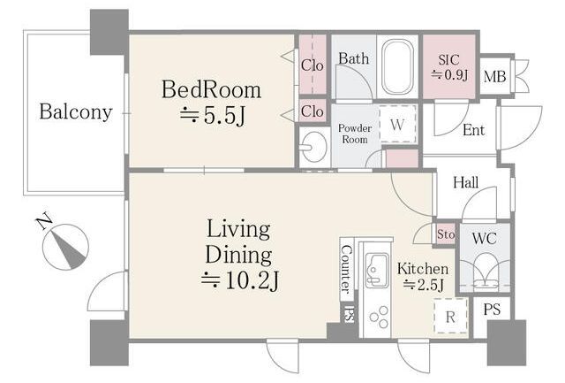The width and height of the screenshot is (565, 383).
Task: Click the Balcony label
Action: coord(76,112)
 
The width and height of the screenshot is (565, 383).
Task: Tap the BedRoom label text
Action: coord(211,89)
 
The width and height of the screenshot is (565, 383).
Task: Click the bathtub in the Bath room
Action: coord(397,66)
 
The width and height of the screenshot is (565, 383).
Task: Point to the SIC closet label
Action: coord(449,59)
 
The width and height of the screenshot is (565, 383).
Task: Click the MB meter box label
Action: coord(494,77)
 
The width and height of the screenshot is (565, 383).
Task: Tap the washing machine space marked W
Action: coord(398,125)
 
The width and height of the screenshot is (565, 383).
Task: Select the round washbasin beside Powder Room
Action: coord(314,147)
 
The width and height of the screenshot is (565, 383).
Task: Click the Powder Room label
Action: coord(355,134)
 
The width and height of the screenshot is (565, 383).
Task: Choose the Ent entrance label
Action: coord(473,130)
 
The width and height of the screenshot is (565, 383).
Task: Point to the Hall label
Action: coord(465,182)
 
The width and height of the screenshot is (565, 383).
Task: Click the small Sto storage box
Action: coord(445,234)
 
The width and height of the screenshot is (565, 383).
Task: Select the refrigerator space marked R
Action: coord(450,317)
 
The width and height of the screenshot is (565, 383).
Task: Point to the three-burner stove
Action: coord(380,317)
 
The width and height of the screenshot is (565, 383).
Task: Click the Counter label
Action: coord(345,269)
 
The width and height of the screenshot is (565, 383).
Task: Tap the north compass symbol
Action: coord(64,246)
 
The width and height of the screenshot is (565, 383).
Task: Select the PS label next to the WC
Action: coord(492,310)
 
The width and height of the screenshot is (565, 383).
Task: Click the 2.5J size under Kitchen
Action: coord(424,285)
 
